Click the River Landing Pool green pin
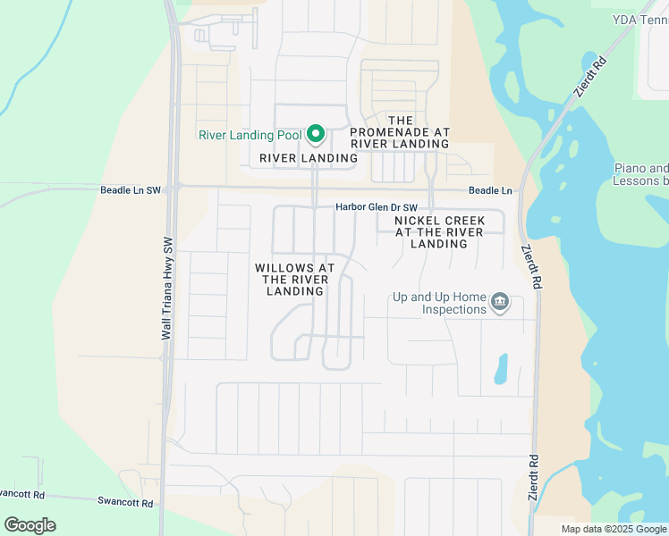pyautogui.click(x=315, y=135)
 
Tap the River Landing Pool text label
pyautogui.click(x=250, y=136)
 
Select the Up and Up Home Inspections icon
pyautogui.click(x=500, y=303)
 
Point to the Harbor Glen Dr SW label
pyautogui.click(x=377, y=207)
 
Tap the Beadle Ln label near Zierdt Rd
pyautogui.click(x=490, y=191)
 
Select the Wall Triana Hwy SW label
pyautogui.click(x=166, y=288)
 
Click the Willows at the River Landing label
pyautogui.click(x=294, y=280)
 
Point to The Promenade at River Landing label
pyautogui.click(x=400, y=131)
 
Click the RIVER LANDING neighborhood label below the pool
pyautogui.click(x=309, y=158)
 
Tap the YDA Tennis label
pyautogui.click(x=640, y=19)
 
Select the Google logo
pyautogui.click(x=30, y=525)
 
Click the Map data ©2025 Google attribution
pyautogui.click(x=614, y=529)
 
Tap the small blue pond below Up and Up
pyautogui.click(x=501, y=368)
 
